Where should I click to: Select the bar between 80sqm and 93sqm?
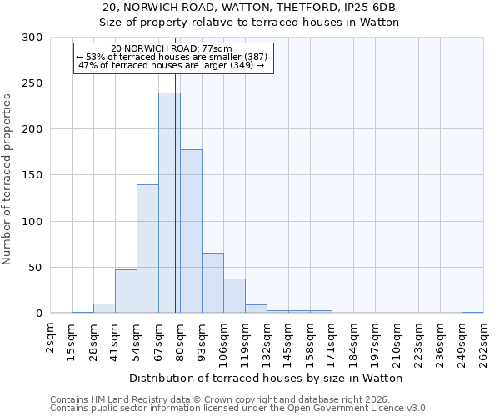coord(191,231)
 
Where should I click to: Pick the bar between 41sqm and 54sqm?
coord(126,291)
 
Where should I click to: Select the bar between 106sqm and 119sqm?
coord(234,296)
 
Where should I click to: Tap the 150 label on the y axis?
coord(32,175)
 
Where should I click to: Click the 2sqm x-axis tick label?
coord(51,338)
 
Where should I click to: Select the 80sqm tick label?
coord(181,340)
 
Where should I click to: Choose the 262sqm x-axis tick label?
coord(484,343)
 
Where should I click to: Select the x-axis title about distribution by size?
coord(266,378)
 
